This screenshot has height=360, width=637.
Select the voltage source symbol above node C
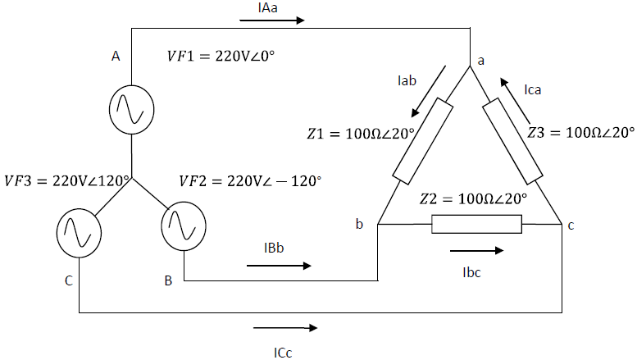(x=80, y=229)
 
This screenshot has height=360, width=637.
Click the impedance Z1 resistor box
(x=423, y=141)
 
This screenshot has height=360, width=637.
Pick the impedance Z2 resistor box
(x=476, y=224)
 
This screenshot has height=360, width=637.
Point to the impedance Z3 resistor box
(x=513, y=141)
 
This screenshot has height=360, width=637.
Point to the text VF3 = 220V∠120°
(x=68, y=180)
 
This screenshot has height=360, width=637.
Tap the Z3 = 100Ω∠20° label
(x=581, y=131)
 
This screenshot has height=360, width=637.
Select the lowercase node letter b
(x=359, y=225)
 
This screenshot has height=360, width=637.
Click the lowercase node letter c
(x=571, y=225)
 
